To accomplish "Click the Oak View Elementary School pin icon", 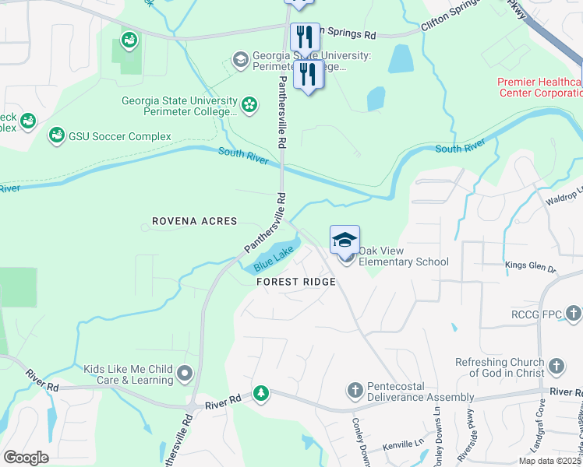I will (x=344, y=241).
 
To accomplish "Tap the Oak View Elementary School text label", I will (x=403, y=262).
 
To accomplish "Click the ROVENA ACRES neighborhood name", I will (x=194, y=221).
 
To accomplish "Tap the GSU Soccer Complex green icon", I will (x=56, y=136).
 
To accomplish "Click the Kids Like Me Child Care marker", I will (x=185, y=374).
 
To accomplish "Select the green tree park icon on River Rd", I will (x=261, y=394).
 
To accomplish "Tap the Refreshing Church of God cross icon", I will (x=556, y=366).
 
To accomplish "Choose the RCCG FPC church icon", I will (x=574, y=314).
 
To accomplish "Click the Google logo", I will (x=26, y=457).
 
